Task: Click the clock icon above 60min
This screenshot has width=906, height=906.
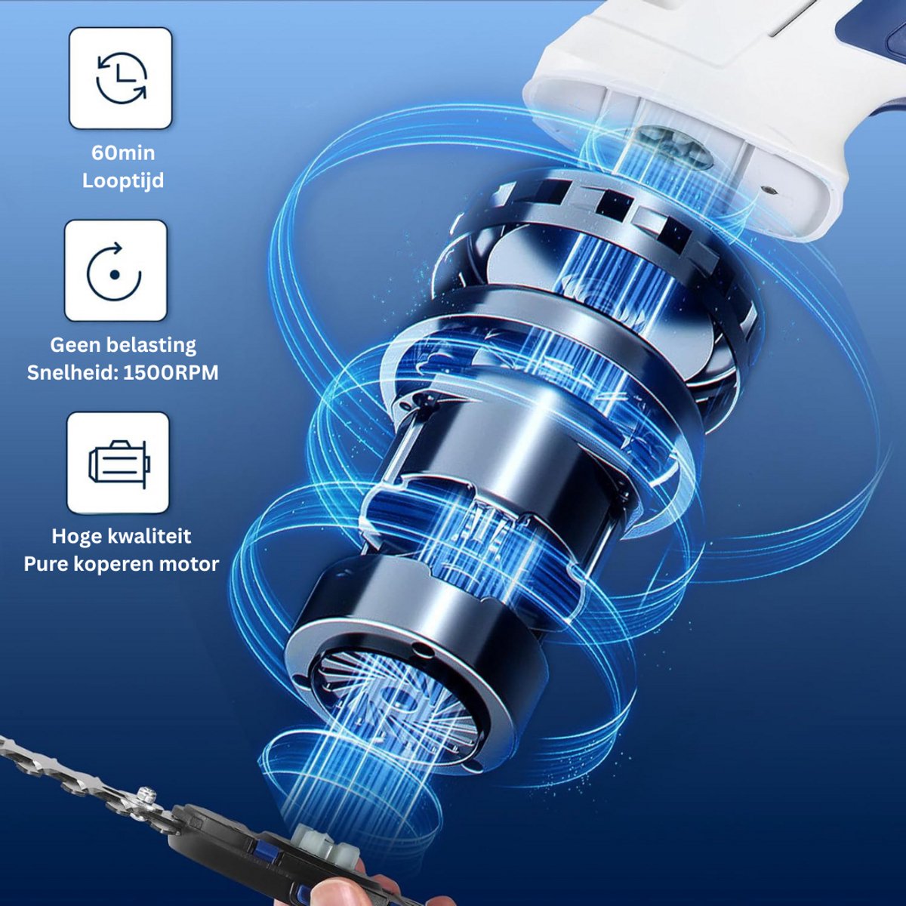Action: click(x=122, y=78)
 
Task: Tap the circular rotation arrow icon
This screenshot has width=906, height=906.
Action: click(x=114, y=272)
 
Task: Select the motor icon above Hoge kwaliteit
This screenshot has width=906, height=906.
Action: click(x=119, y=462)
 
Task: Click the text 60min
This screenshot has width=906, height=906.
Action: click(x=123, y=153)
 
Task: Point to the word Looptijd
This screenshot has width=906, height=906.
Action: click(x=123, y=181)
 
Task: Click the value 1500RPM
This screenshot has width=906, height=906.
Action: click(x=171, y=373)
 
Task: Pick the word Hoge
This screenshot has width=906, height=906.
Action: click(x=74, y=537)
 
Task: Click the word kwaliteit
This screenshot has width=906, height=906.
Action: click(x=147, y=537)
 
